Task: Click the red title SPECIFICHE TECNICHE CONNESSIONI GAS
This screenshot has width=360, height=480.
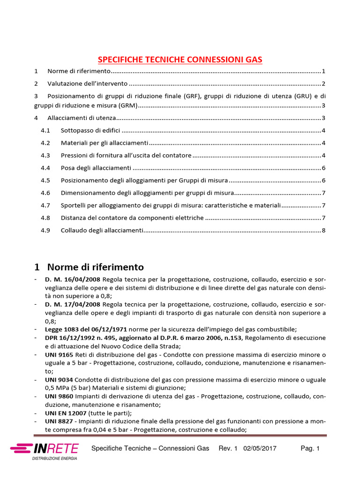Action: pos(180,60)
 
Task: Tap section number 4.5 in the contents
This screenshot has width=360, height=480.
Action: pos(45,180)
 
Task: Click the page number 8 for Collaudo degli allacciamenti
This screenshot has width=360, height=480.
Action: pos(323,230)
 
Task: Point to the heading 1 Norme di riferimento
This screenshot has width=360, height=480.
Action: pos(89,267)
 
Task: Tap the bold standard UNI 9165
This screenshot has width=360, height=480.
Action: pos(58,354)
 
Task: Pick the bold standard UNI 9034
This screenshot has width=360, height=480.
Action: pos(58,379)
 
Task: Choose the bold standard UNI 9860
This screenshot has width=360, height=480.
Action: pos(58,397)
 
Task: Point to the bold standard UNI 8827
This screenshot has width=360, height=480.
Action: pos(58,422)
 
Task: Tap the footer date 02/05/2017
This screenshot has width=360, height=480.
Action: pos(260,449)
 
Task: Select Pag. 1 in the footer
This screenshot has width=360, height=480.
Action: pos(310,449)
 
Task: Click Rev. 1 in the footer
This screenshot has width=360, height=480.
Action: pos(229,449)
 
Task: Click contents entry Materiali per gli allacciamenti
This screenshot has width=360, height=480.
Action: pos(105,142)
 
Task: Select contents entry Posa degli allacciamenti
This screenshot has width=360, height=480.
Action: pos(96,168)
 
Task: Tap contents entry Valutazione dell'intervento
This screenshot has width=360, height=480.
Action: pos(87,83)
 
